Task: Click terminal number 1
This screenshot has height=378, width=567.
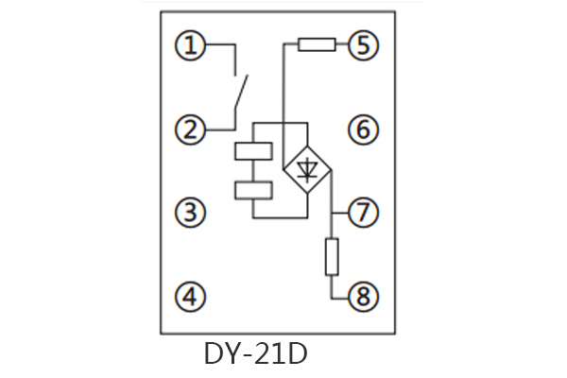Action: pos(192,44)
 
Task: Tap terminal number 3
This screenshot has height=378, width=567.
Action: pos(192,213)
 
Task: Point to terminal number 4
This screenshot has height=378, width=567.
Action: pos(192,297)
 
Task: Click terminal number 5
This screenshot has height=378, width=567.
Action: pos(363,44)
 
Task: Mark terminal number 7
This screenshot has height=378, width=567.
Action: pos(363,213)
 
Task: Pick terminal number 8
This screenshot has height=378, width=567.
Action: pos(363,297)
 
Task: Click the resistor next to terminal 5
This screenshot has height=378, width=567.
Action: pos(316,43)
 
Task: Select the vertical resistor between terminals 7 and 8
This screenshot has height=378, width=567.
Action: pos(332,256)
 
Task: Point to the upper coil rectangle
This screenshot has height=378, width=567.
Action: pos(252,150)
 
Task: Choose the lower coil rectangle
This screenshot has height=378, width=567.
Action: pos(252,189)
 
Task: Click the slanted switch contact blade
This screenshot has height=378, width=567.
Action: pos(241,94)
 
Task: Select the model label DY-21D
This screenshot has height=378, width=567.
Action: pos(255,354)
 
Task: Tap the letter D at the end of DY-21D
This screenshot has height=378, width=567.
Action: pos(298,354)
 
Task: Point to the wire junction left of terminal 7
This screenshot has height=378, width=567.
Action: pos(332,213)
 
